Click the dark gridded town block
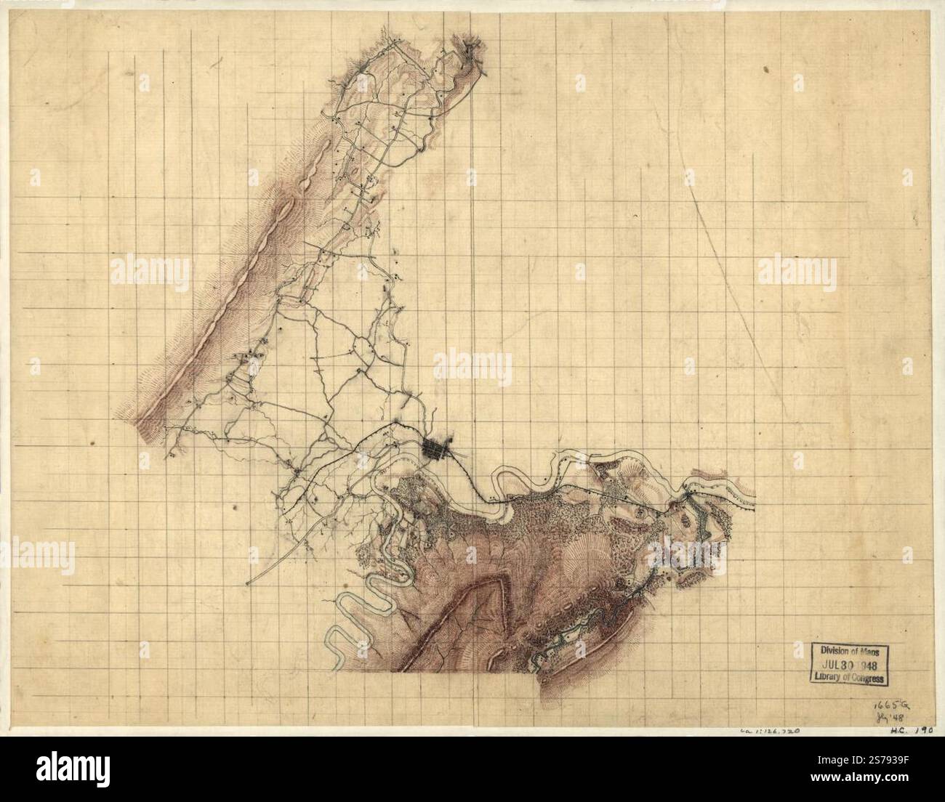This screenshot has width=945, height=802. click(x=437, y=449)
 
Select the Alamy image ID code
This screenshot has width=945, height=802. click(x=896, y=774)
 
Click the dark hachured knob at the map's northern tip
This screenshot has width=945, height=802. click(x=473, y=54)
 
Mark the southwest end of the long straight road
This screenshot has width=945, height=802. click(x=249, y=583)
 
